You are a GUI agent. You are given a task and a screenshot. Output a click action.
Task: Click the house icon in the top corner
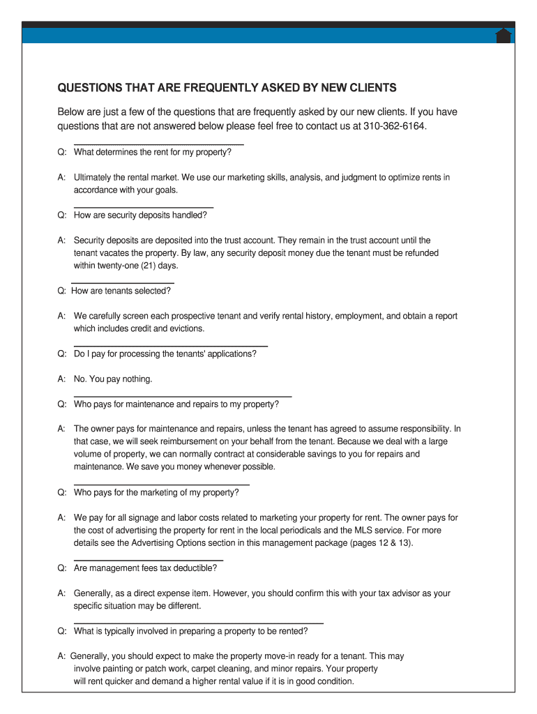[x=504, y=36]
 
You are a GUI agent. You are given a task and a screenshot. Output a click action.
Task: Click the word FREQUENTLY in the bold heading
[x=210, y=88]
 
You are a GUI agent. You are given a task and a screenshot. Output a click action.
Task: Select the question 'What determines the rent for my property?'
[x=152, y=152]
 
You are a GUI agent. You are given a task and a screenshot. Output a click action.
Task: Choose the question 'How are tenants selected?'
[x=121, y=291]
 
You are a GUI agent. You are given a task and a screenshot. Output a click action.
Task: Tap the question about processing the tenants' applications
[x=165, y=354]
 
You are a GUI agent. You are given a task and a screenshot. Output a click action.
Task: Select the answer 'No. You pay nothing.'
[x=113, y=379]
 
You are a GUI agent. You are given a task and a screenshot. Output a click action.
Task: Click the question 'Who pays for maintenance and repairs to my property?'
[x=176, y=404]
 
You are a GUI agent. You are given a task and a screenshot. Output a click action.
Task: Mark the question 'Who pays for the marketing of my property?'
[x=156, y=492]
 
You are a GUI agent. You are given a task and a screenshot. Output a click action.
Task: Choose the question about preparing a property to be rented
[x=190, y=631]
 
